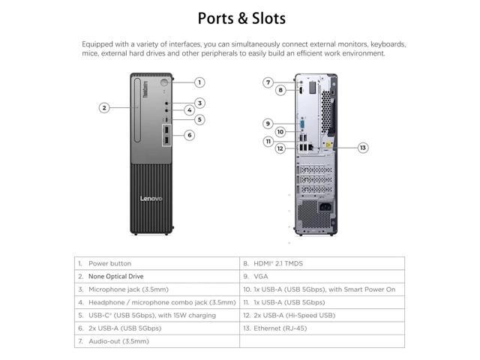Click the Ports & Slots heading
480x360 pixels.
point(240,17)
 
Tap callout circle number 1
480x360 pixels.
point(199,82)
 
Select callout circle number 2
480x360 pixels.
point(104,107)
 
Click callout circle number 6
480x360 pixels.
point(190,135)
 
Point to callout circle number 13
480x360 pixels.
point(363,148)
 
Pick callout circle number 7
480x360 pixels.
point(268,82)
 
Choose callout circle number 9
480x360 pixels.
point(268,123)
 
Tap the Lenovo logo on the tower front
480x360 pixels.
point(151,198)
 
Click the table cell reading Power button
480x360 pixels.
point(109,264)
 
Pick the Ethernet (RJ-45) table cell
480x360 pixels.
point(282,328)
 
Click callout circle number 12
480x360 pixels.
point(279,148)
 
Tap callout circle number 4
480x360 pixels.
point(190,110)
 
